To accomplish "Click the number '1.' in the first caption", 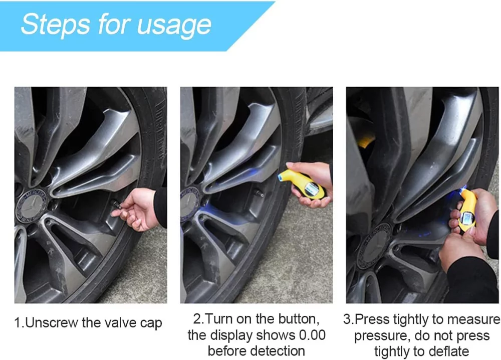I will pyautogui.click(x=19, y=322).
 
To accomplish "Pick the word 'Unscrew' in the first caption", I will pyautogui.click(x=52, y=322).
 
